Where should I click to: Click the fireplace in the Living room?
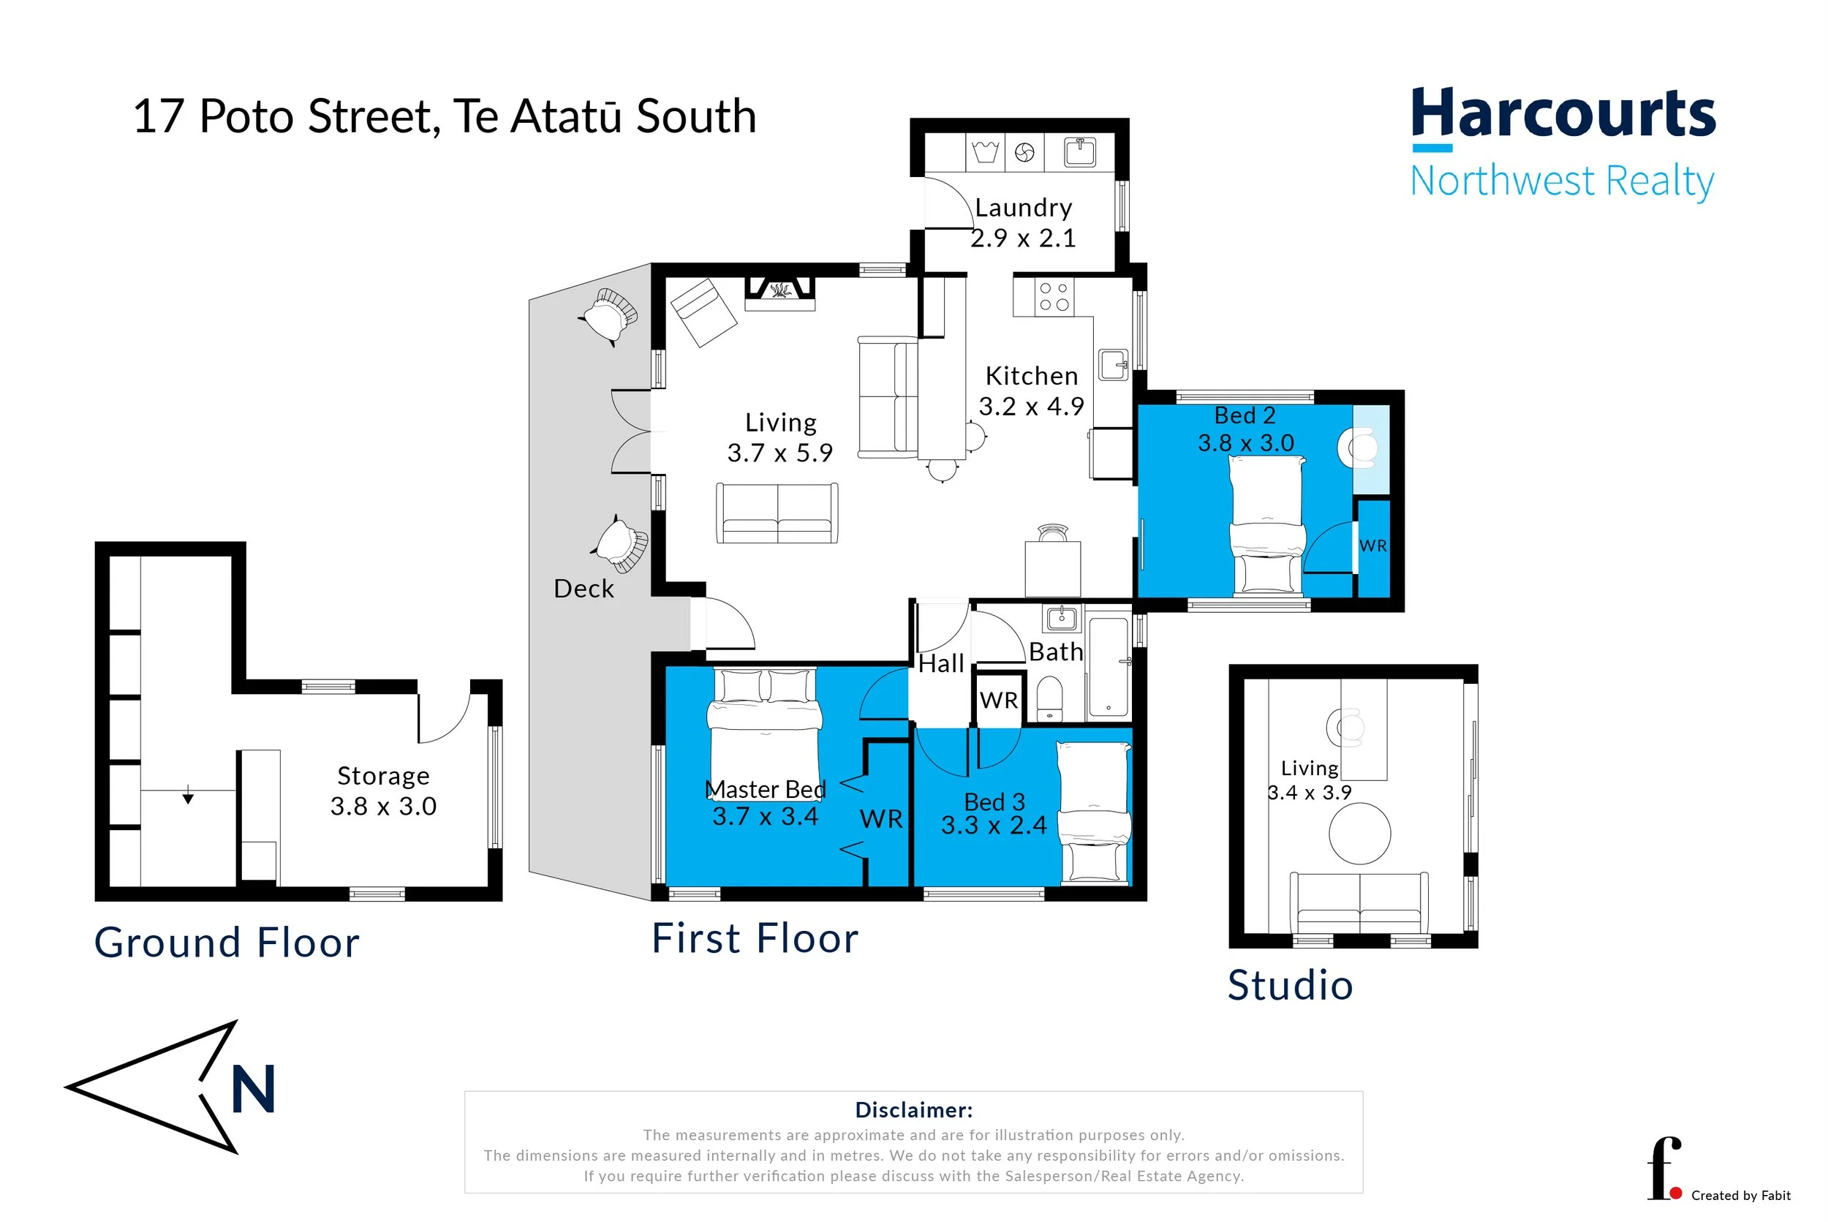(779, 292)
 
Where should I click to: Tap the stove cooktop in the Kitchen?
(1054, 297)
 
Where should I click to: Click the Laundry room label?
(1023, 208)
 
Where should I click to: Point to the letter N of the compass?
(254, 1090)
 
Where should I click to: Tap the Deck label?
(583, 589)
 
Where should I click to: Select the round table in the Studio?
(1360, 834)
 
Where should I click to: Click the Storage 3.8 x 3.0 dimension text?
(383, 807)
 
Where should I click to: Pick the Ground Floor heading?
(227, 943)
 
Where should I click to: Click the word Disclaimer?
(913, 1110)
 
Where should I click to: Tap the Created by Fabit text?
(1740, 1196)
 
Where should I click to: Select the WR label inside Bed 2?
(1372, 546)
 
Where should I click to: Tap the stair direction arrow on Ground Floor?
(188, 798)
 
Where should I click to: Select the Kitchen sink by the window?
(1114, 364)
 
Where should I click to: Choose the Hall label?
(940, 664)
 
